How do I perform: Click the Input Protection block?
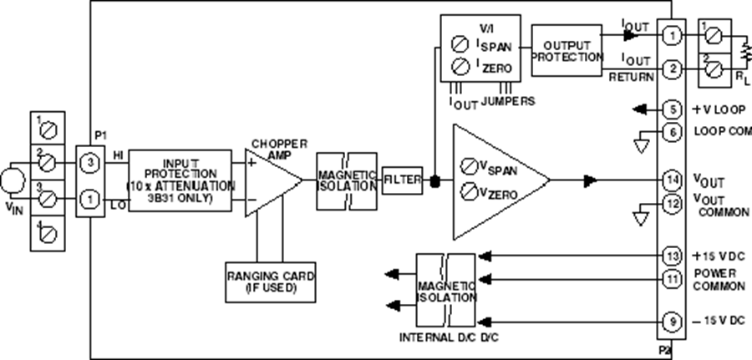180,180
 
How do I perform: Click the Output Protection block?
567,50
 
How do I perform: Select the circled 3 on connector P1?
89,160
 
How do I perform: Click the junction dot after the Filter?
434,180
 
